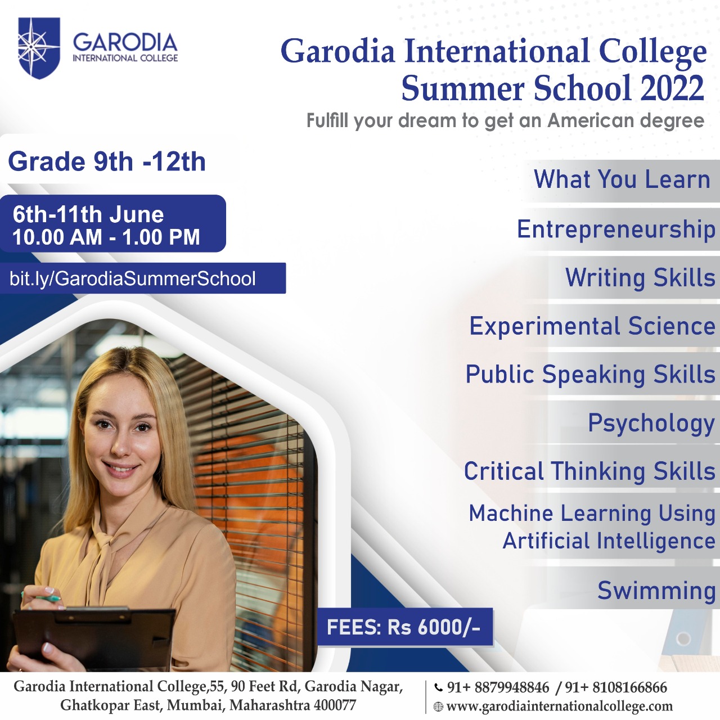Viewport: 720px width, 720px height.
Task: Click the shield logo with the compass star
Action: (x=39, y=48)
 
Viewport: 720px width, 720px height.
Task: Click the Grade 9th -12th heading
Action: (x=107, y=162)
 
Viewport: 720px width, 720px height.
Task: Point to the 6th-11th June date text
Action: (x=88, y=214)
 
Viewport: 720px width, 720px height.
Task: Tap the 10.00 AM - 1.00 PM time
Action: (x=106, y=237)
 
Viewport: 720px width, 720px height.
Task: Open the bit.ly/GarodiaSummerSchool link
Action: (x=133, y=279)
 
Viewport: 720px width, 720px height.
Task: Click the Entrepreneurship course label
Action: (x=616, y=229)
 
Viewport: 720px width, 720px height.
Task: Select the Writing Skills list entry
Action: (x=641, y=278)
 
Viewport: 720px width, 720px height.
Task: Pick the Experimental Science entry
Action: (x=592, y=326)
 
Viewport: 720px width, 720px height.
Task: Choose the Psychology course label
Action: (x=651, y=423)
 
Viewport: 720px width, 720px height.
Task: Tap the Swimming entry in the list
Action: (x=656, y=591)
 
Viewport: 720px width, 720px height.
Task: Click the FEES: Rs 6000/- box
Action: (x=404, y=627)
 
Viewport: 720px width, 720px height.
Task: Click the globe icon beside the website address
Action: (x=438, y=706)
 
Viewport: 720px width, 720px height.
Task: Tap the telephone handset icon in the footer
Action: (x=438, y=687)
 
